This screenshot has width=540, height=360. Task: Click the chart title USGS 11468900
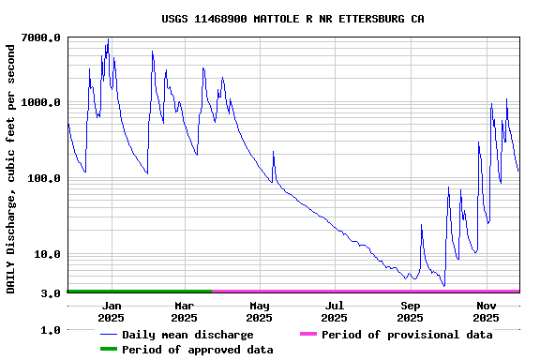click(292, 19)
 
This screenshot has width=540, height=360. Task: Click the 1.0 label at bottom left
click(52, 330)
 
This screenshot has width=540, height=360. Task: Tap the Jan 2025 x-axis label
click(111, 311)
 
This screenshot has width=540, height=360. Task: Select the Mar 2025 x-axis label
click(185, 311)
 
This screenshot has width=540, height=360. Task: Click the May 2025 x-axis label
click(260, 311)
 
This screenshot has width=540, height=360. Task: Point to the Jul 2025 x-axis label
click(335, 311)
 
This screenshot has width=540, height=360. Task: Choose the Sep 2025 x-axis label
click(411, 311)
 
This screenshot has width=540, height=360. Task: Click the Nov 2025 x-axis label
click(486, 311)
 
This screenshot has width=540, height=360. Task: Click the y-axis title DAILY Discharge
click(11, 165)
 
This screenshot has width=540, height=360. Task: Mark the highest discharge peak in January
click(108, 39)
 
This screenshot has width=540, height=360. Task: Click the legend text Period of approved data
click(198, 350)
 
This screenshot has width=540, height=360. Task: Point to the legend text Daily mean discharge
click(187, 335)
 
